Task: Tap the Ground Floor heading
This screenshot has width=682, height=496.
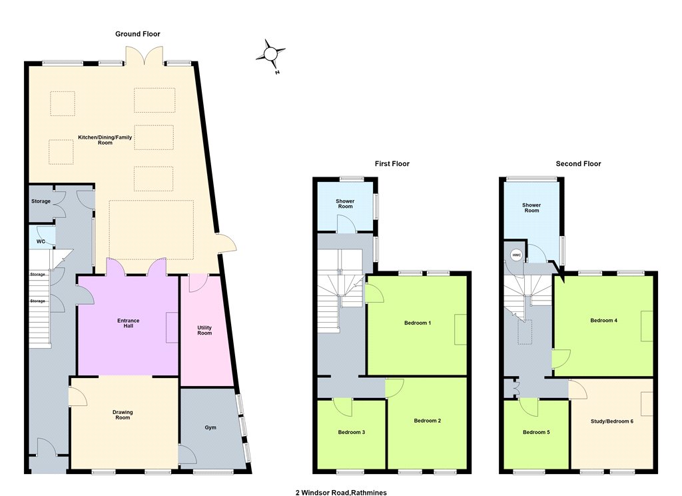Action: coord(137,34)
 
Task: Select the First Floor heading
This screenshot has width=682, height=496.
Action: coord(392,164)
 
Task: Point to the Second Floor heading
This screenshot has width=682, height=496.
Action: coord(578,164)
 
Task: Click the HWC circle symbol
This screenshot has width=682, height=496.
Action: coord(516,255)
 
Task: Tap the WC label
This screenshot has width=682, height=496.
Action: coord(41,242)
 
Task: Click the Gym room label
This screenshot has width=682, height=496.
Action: coord(210,427)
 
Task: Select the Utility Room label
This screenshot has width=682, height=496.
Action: coord(204,330)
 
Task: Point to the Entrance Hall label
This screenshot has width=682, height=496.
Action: coord(129,323)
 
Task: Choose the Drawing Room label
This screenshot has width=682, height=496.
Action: coord(123,415)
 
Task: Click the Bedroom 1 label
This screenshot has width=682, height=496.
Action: coord(418,323)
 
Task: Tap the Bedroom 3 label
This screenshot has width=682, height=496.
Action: coord(352,432)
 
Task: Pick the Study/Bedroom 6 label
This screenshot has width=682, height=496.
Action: coord(612,421)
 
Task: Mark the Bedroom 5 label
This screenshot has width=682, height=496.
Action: coord(536,432)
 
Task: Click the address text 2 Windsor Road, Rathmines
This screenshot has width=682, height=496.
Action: coord(341,493)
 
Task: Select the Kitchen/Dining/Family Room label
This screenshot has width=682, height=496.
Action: coord(105,140)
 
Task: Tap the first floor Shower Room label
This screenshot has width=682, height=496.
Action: coord(345,204)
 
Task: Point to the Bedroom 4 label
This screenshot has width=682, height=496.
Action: coord(603,321)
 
